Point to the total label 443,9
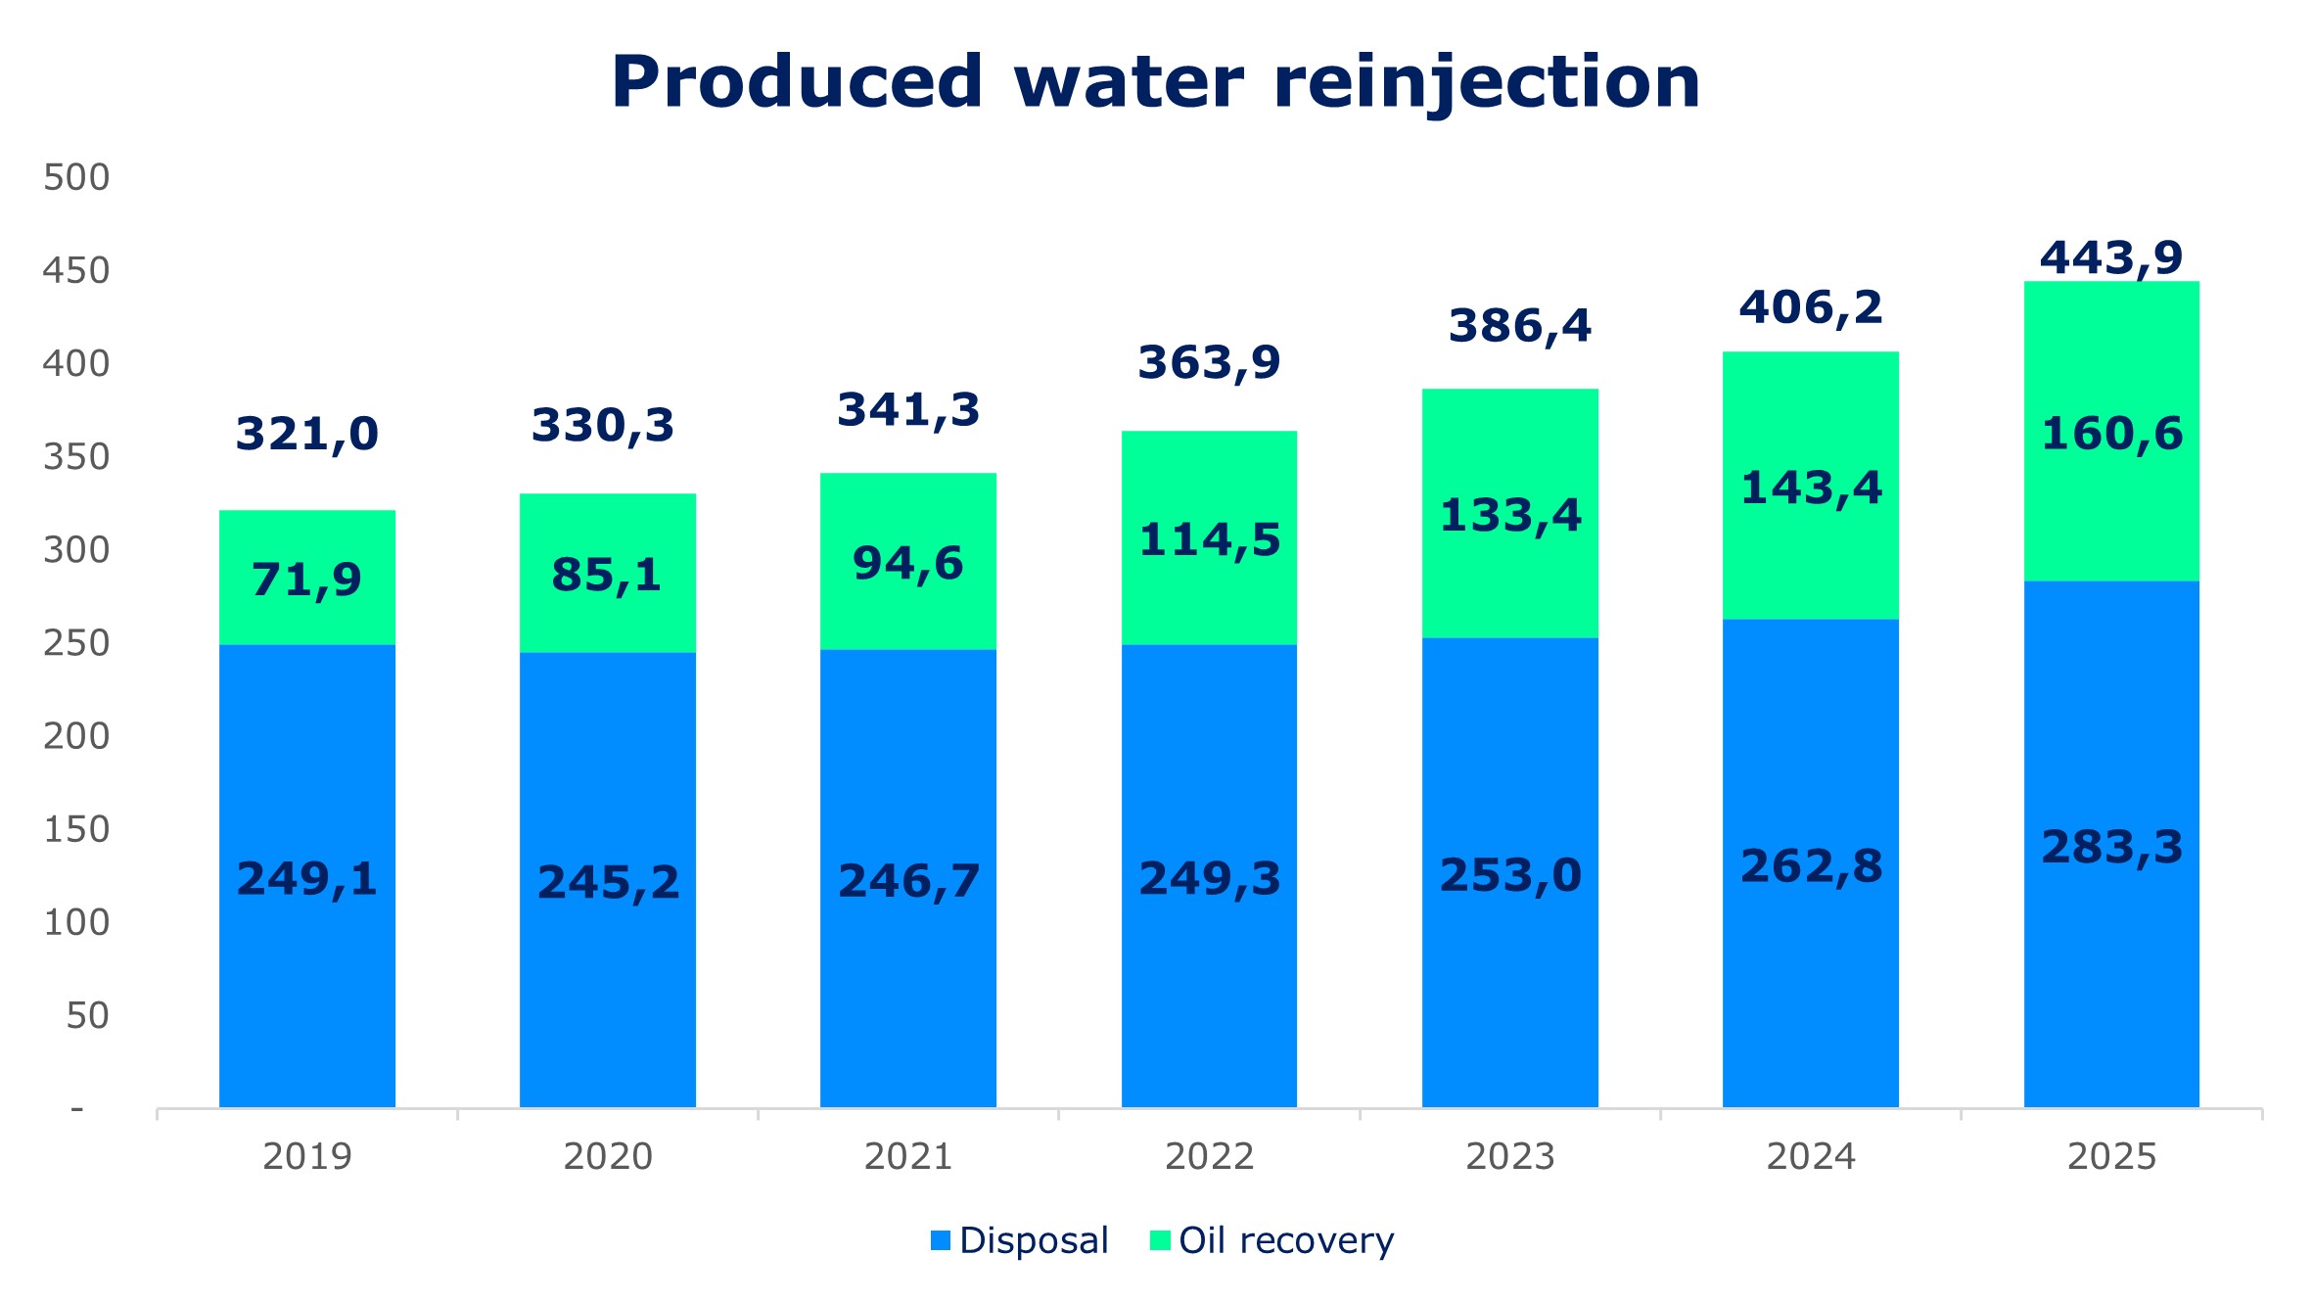[x=2111, y=258]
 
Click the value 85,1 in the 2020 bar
[x=607, y=575]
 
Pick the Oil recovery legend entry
[x=1272, y=1240]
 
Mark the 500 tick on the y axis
[x=76, y=177]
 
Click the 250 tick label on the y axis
[x=76, y=643]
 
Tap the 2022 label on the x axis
[x=1209, y=1156]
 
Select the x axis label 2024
[x=1811, y=1156]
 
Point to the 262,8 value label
[x=1811, y=866]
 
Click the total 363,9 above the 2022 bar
[x=1209, y=363]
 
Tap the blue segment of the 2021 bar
[x=908, y=979]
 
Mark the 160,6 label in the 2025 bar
[x=2111, y=434]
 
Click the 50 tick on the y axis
[x=87, y=1015]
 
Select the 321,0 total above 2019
[x=307, y=434]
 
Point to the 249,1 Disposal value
[x=307, y=878]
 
